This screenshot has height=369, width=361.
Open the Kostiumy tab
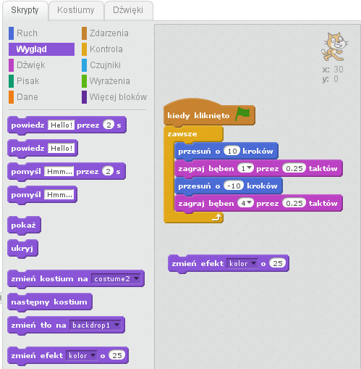[x=76, y=10]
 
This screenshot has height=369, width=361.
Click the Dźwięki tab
[x=128, y=10]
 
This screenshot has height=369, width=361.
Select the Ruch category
[x=27, y=33]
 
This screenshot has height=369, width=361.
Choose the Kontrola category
[x=106, y=49]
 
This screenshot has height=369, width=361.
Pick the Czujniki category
[x=105, y=65]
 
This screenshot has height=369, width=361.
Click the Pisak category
[x=27, y=81]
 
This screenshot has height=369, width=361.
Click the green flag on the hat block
[x=242, y=114]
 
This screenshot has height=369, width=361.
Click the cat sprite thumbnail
[x=334, y=46]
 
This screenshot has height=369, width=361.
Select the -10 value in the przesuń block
[x=234, y=186]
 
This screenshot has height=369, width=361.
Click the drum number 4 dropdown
[x=245, y=203]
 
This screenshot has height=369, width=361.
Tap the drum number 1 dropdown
[x=245, y=168]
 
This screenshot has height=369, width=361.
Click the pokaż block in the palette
[x=24, y=225]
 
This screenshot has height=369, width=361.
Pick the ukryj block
[x=22, y=249]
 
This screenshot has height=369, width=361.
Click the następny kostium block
[x=50, y=302]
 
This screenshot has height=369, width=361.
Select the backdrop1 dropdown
[x=95, y=326]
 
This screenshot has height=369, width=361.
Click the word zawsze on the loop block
[x=182, y=134]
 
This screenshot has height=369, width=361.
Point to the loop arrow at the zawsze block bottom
[x=216, y=217]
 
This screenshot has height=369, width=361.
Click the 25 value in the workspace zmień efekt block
[x=278, y=263]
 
